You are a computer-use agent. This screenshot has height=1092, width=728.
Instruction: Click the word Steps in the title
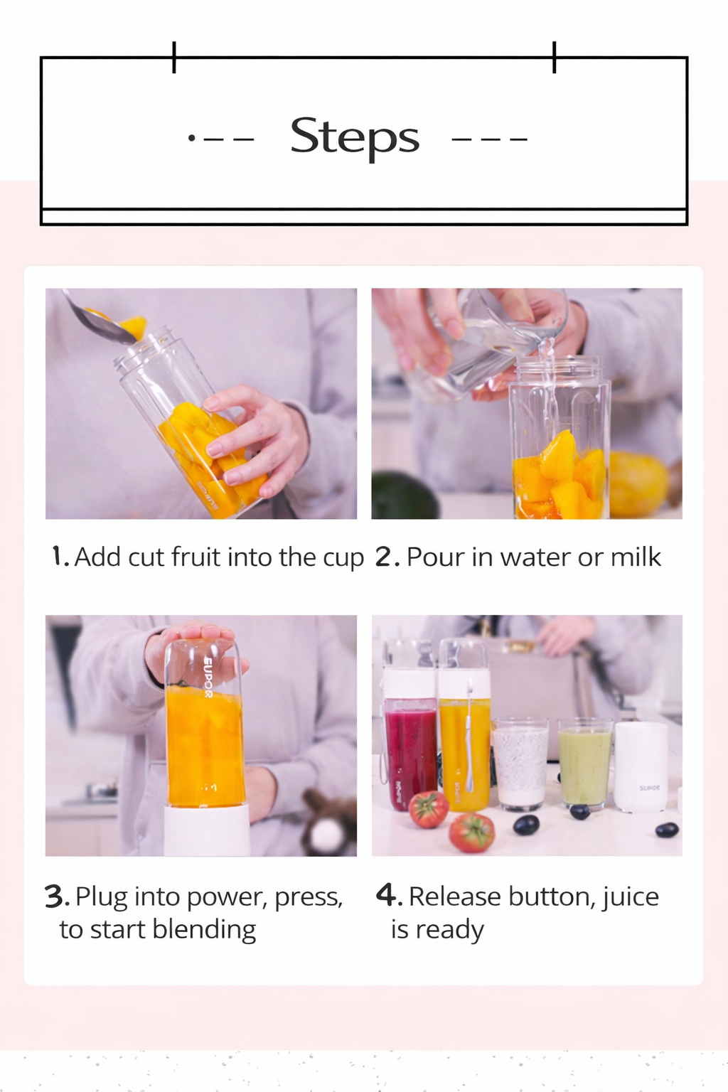point(355,136)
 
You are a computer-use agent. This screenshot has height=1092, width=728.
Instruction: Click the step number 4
point(385,895)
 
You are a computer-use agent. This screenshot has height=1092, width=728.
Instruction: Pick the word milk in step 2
point(636,557)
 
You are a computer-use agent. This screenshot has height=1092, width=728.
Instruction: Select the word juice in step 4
point(630,897)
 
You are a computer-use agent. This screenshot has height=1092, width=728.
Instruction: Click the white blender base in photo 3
point(207,830)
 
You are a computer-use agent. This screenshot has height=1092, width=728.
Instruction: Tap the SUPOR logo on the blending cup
point(208,679)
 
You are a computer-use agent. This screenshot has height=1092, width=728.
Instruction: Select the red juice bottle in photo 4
point(409,746)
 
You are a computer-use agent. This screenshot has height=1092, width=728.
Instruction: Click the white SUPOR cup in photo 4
point(641,766)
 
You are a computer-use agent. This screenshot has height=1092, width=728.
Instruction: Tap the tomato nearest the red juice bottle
point(429,809)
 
